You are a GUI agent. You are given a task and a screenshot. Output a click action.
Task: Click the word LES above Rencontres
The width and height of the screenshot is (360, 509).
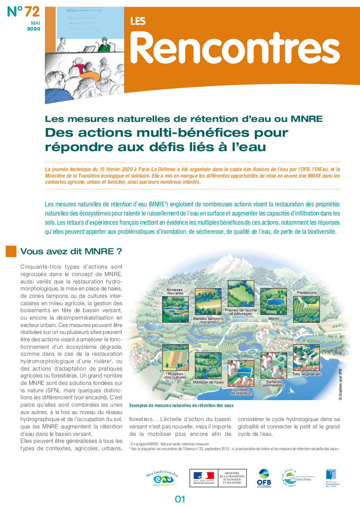point(138,21)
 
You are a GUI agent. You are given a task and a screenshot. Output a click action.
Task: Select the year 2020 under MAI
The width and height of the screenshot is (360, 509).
point(34,29)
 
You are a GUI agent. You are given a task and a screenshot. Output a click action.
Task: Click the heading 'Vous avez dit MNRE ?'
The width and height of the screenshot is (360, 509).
point(71,251)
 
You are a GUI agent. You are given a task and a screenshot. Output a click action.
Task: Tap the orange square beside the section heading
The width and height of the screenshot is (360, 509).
point(11,251)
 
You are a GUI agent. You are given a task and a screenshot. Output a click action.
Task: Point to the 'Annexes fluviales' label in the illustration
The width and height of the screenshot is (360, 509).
point(175,291)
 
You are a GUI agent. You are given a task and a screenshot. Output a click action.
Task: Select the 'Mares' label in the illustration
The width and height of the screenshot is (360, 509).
point(273,318)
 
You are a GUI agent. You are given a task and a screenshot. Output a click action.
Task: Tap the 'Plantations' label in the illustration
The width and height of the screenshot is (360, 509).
point(307,293)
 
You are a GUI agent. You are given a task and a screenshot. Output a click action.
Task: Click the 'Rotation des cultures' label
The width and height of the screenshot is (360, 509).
point(175,375)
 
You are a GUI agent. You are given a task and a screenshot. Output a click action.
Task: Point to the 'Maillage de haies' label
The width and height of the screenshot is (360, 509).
point(208,382)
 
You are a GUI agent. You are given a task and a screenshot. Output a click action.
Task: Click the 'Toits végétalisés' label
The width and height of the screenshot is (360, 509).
point(306,374)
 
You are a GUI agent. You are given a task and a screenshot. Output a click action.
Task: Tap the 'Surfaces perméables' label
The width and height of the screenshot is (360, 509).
point(273,383)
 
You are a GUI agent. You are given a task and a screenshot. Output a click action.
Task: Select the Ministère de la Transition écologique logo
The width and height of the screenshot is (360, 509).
point(218,478)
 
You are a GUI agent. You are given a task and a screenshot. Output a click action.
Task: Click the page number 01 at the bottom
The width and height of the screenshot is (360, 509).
point(180,499)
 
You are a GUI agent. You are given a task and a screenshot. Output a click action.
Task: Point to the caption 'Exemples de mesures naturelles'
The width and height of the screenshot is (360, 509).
point(181,405)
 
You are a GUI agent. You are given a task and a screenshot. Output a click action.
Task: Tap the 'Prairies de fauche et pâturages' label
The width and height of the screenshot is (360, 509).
point(238,312)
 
